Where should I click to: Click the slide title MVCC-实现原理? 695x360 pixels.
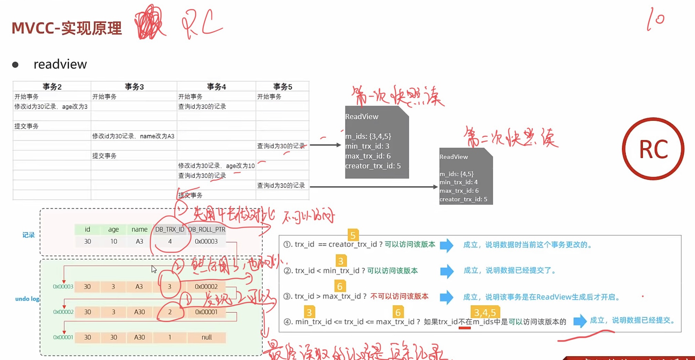click(x=67, y=28)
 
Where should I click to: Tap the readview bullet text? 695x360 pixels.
click(x=60, y=64)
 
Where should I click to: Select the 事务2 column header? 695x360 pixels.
click(x=52, y=87)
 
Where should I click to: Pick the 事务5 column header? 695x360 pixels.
click(x=282, y=87)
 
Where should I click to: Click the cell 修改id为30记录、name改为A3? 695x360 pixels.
click(x=133, y=136)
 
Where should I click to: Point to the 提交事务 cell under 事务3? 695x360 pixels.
click(x=104, y=156)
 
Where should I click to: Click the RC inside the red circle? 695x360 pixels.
click(x=653, y=149)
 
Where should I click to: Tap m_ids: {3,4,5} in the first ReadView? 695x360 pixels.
click(x=368, y=136)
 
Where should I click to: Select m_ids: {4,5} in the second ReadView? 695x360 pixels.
click(x=456, y=174)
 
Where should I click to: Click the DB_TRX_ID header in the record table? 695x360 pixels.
click(x=169, y=230)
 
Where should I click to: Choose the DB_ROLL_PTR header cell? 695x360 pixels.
click(x=207, y=230)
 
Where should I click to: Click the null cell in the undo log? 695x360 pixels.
click(x=207, y=337)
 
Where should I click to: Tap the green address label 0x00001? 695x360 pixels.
click(x=63, y=337)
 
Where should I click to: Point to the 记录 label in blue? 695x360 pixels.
click(x=29, y=235)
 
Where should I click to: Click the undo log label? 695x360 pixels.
click(x=27, y=299)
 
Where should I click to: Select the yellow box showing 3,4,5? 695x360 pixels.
click(x=485, y=312)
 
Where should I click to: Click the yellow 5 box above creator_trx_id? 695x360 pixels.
click(x=353, y=235)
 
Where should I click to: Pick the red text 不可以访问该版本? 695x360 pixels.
click(x=399, y=296)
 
